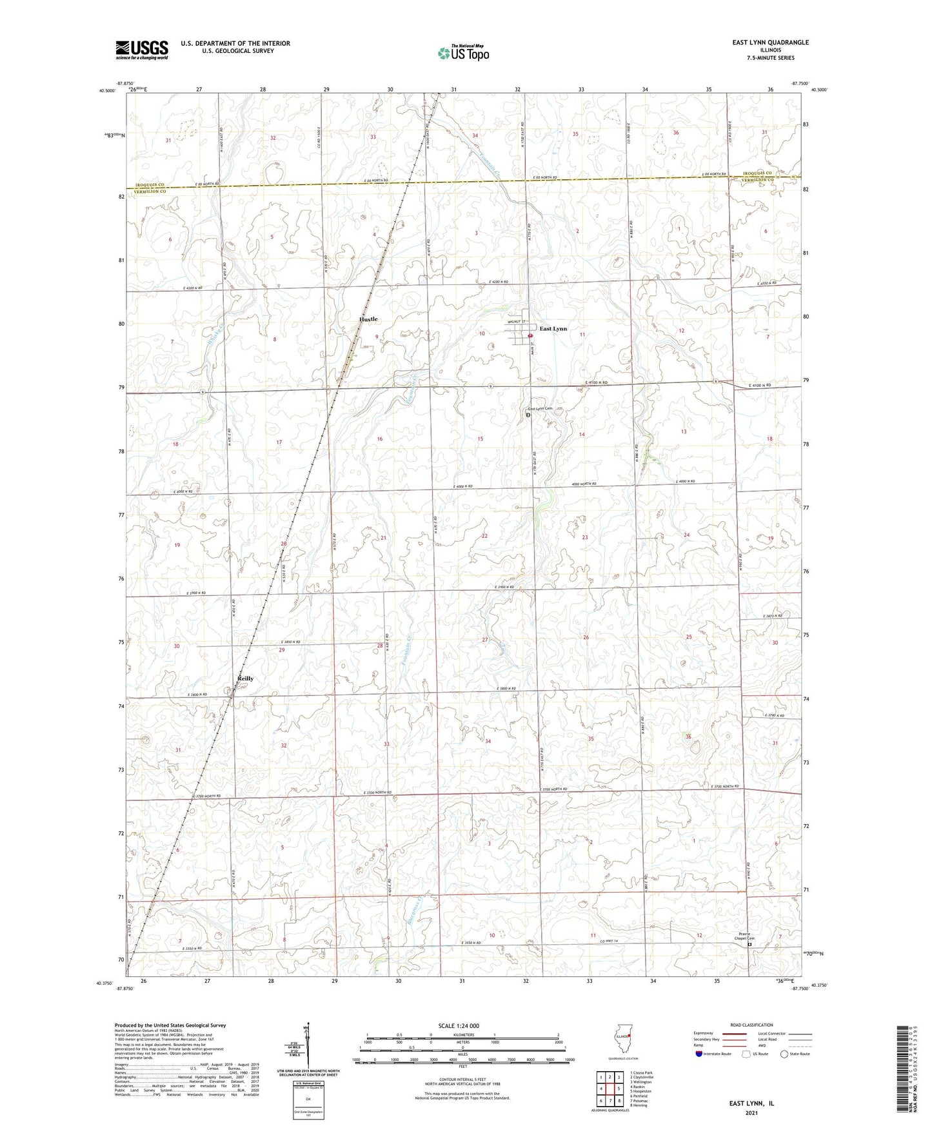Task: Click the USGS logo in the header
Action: pyautogui.click(x=142, y=49)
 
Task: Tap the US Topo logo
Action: pyautogui.click(x=462, y=53)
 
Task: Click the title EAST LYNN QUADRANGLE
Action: pyautogui.click(x=770, y=43)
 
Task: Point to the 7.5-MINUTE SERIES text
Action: pyautogui.click(x=771, y=58)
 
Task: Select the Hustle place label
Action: pyautogui.click(x=368, y=319)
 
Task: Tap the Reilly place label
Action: pyautogui.click(x=245, y=678)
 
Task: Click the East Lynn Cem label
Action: pyautogui.click(x=540, y=409)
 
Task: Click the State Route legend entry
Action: pyautogui.click(x=795, y=1054)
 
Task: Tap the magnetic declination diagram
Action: pyautogui.click(x=308, y=1050)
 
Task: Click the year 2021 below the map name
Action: pyautogui.click(x=750, y=1112)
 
